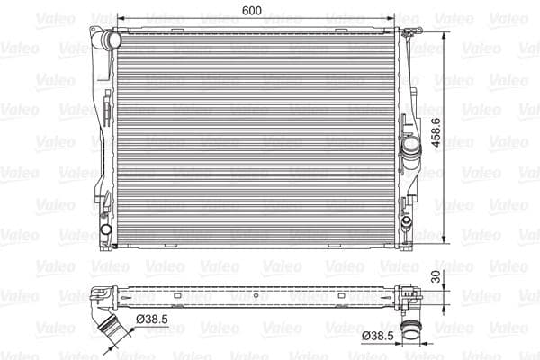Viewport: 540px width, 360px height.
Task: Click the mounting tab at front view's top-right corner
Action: (410, 32)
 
